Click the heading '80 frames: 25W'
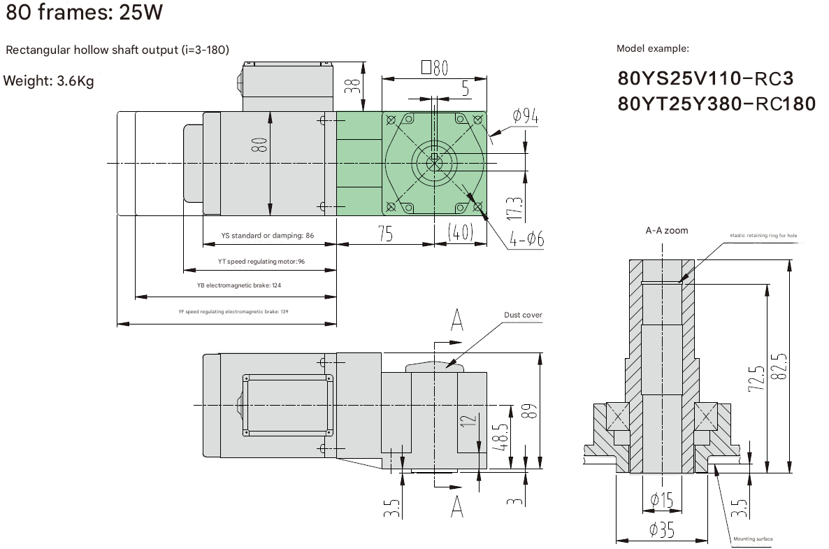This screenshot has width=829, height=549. [x=84, y=12]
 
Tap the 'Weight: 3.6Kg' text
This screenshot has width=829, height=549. [x=49, y=81]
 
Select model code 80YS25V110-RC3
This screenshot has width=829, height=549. [x=705, y=78]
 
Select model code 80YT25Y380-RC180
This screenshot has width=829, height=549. [x=716, y=104]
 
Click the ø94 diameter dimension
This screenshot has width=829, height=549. [x=525, y=115]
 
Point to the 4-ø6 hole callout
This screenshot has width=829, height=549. [x=526, y=239]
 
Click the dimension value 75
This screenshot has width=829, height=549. [x=386, y=234]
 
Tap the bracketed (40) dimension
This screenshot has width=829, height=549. [x=460, y=231]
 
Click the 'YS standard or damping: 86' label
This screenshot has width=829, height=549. [x=268, y=236]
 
